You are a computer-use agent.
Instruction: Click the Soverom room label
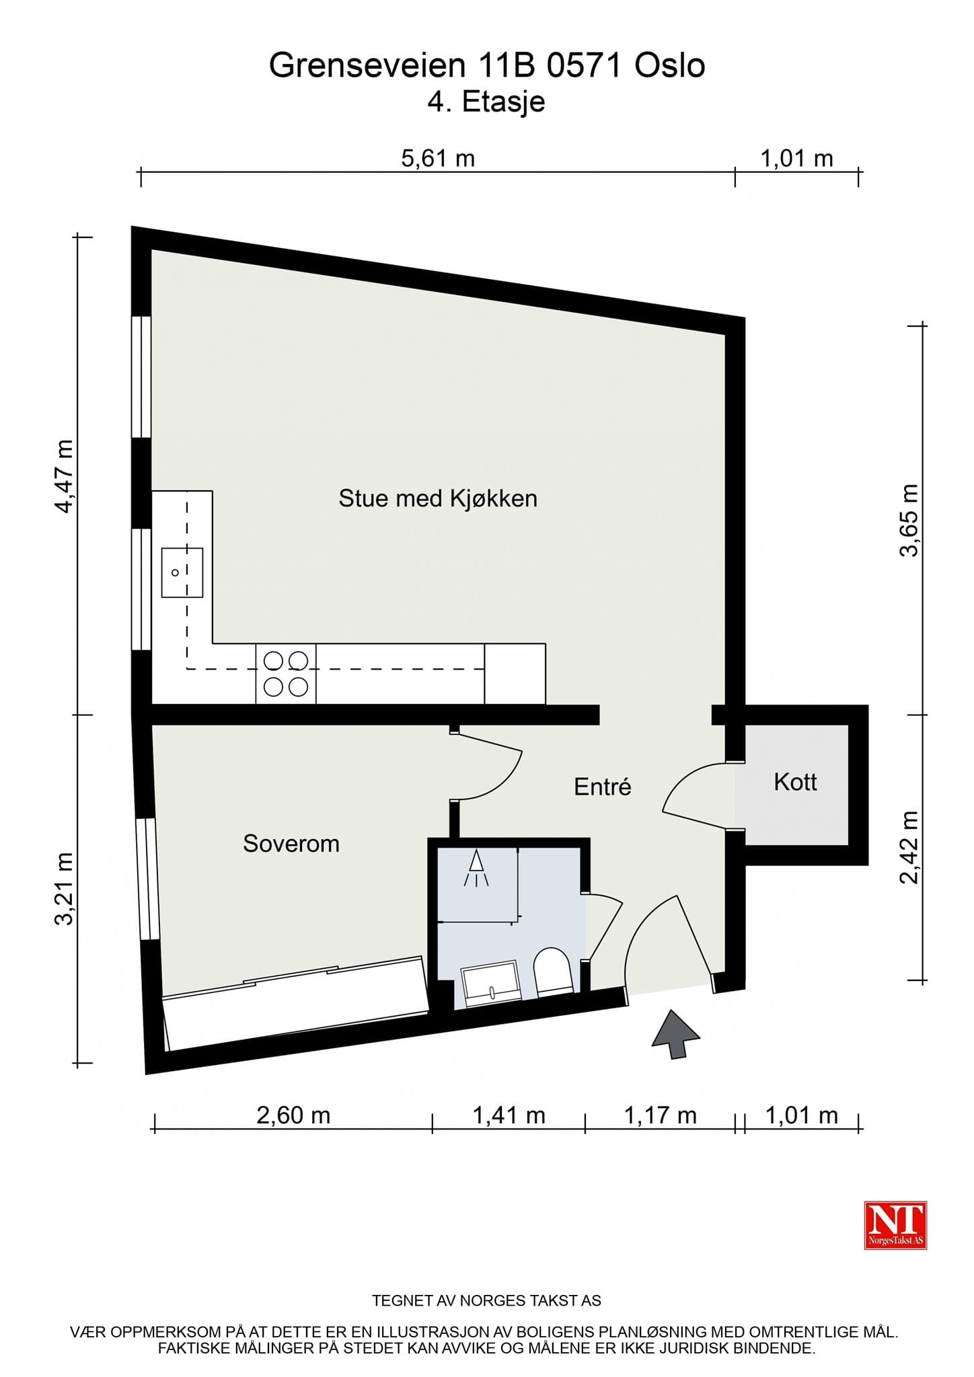tap(291, 844)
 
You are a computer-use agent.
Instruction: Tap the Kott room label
tap(795, 783)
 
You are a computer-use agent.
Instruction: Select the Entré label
tap(602, 787)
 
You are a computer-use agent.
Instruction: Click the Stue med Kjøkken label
tap(438, 499)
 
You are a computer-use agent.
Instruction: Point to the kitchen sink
tap(182, 572)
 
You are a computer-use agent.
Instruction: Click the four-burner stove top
tap(286, 674)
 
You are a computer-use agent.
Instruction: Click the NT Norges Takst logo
tap(895, 1226)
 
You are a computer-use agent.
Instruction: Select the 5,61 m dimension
tap(438, 159)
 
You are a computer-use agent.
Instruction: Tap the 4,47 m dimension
tap(65, 476)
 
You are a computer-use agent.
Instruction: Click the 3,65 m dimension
tap(909, 520)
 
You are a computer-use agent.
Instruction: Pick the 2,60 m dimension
tap(293, 1115)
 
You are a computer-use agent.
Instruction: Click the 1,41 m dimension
tap(509, 1115)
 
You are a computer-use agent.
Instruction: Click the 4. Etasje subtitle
tap(486, 102)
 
